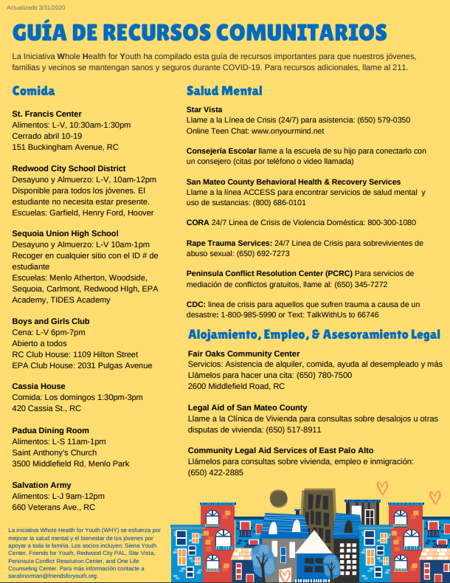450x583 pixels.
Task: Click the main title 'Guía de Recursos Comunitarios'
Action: pos(199,32)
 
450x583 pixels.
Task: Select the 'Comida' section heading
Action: pos(33,91)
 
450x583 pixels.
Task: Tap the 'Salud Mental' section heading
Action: pos(224,91)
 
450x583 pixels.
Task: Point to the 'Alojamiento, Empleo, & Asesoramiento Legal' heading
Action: pos(314,334)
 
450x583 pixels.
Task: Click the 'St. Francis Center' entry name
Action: pos(47,114)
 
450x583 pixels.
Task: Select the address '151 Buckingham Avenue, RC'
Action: pos(66,147)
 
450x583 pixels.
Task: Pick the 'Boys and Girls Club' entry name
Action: pos(51,321)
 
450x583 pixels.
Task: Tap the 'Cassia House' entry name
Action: pos(38,386)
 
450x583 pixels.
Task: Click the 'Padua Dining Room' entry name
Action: pos(51,430)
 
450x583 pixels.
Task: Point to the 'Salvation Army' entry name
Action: pos(42,485)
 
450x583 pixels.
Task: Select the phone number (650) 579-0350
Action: pos(384,120)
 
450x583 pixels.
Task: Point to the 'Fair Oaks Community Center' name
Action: pos(244,353)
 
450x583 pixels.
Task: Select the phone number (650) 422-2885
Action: pos(215,472)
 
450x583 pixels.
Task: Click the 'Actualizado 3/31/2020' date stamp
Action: pos(36,7)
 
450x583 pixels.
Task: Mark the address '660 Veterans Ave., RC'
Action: pos(54,507)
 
